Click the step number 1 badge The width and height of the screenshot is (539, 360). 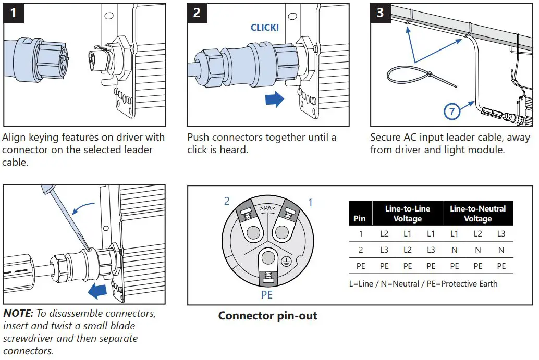tap(13, 13)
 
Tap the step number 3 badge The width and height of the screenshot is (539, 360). tap(380, 13)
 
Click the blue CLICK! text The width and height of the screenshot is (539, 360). tap(265, 28)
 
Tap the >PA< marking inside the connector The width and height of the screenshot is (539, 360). tap(268, 208)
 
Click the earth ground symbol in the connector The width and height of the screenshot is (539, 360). tap(285, 263)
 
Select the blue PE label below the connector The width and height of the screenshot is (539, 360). tap(267, 295)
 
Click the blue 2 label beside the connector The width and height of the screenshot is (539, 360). tap(227, 201)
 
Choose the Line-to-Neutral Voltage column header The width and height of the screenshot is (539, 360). tap(477, 214)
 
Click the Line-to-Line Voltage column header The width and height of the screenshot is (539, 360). tap(407, 214)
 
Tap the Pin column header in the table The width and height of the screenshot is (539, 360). tap(360, 218)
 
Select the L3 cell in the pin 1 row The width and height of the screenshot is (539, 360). tap(500, 234)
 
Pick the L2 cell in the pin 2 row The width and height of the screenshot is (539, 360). tap(407, 250)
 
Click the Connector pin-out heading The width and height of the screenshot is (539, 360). tap(267, 316)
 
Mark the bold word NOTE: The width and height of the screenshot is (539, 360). tap(18, 314)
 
